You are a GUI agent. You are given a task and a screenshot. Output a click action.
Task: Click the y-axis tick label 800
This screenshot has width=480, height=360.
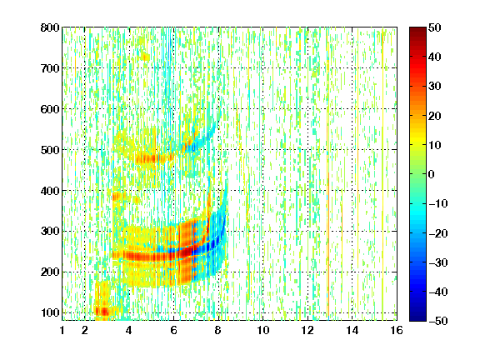[50, 27]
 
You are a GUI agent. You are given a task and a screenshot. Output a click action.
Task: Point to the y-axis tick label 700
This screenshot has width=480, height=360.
[50, 68]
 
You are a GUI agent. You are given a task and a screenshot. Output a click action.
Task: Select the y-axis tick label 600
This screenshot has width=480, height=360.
[50, 109]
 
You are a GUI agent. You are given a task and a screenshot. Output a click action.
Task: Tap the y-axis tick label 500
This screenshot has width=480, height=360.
[50, 150]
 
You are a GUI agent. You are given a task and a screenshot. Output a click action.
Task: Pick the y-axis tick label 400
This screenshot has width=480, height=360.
[50, 191]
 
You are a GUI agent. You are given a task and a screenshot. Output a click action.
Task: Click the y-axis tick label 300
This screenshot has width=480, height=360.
[50, 231]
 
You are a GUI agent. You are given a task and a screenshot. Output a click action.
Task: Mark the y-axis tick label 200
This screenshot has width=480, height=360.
[50, 272]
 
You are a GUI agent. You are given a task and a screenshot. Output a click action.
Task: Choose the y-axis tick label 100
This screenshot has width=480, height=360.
[50, 312]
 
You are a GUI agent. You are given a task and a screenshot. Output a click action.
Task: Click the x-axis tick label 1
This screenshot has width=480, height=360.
[62, 330]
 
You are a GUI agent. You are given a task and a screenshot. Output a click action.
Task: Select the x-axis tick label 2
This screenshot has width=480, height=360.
[85, 330]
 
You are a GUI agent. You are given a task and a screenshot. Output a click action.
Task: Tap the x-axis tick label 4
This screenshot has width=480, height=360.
[129, 330]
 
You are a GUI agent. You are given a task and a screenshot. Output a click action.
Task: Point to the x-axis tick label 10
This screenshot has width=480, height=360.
[263, 330]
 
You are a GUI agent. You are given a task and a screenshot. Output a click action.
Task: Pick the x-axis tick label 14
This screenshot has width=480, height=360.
[352, 330]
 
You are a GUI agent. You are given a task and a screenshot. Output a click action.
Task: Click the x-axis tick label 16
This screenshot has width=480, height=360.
[397, 330]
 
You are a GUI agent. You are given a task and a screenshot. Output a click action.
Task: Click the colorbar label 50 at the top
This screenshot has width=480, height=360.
[434, 27]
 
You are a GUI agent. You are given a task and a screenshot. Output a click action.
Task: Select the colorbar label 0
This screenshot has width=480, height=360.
[431, 174]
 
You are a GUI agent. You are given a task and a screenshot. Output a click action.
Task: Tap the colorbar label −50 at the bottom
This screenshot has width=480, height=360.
[438, 321]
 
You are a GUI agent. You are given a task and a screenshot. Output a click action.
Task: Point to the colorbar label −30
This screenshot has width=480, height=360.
[438, 262]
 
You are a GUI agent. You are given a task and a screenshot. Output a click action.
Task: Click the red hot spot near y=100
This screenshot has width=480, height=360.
[102, 312]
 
